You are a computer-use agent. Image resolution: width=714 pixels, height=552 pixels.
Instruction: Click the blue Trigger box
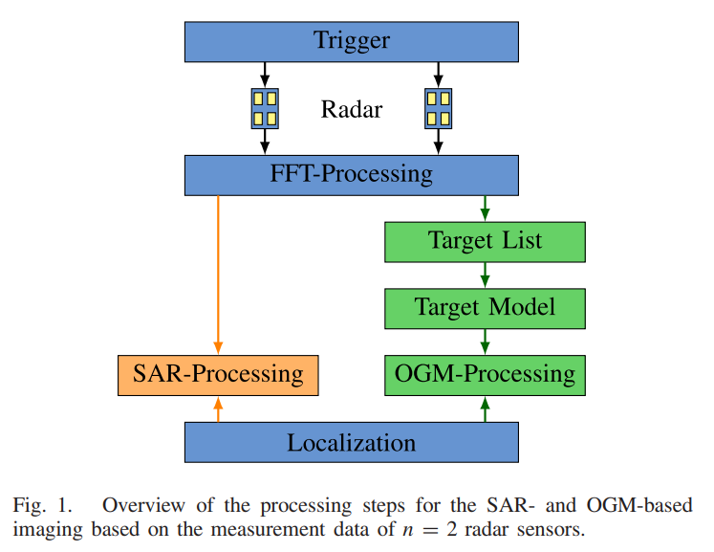point(352,41)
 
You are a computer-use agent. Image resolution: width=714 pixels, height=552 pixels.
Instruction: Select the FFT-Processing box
point(352,175)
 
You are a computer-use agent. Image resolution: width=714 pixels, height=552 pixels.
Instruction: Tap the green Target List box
point(485,241)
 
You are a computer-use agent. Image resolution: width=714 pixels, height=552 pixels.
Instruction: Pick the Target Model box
point(485,308)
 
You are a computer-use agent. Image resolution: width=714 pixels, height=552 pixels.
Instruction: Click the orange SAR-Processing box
point(218,375)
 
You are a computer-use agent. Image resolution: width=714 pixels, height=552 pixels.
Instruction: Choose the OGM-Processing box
point(485,375)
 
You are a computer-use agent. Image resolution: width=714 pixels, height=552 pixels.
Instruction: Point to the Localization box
point(352,442)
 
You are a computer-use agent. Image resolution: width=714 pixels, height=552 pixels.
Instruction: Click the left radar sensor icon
point(265,108)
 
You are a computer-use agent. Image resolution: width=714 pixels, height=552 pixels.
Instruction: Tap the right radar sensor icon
point(438,108)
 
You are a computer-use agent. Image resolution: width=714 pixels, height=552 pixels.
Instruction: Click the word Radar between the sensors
point(352,109)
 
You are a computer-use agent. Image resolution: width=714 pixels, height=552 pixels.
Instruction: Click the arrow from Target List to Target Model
point(485,275)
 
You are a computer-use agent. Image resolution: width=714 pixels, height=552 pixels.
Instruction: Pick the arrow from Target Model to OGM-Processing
point(485,342)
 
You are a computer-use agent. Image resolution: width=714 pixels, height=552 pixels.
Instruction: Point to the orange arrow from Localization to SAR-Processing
point(219,409)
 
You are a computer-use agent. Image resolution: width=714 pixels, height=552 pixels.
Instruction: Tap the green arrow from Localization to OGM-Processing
point(485,409)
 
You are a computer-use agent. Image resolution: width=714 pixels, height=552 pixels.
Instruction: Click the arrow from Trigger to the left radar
point(265,74)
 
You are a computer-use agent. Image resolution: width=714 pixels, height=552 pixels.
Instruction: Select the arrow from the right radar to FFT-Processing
point(438,142)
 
